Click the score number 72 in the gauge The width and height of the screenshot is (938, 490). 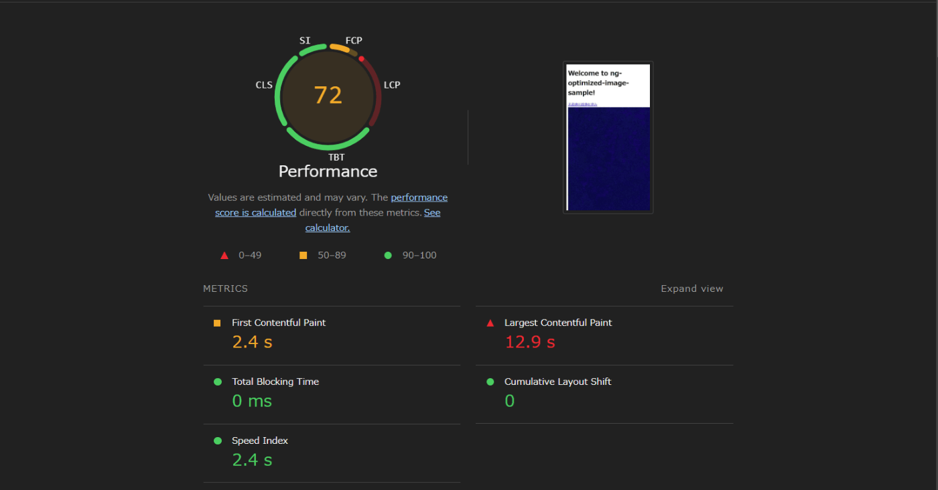(x=328, y=96)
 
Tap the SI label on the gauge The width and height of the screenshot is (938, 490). (x=305, y=41)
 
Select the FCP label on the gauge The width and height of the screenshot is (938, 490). (x=354, y=41)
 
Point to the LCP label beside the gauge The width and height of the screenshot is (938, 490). (x=392, y=85)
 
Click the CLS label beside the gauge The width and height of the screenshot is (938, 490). (x=264, y=85)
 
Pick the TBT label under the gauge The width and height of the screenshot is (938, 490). (x=336, y=157)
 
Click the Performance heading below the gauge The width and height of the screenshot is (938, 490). (x=328, y=171)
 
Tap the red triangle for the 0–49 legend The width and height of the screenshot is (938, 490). (x=224, y=255)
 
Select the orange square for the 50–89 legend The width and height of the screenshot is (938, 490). (x=303, y=255)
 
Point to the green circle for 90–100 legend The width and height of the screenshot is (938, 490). (x=388, y=255)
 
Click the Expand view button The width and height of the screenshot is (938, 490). (x=691, y=289)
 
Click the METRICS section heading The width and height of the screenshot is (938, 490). (x=225, y=289)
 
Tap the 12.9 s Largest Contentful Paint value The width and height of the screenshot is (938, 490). (x=530, y=342)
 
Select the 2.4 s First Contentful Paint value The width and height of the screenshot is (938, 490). (x=252, y=342)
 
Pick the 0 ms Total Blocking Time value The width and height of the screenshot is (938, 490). (x=252, y=401)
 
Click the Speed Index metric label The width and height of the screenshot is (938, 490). (x=260, y=440)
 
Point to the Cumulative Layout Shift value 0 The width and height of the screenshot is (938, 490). (x=509, y=401)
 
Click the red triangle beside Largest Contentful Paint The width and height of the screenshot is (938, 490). (x=490, y=323)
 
